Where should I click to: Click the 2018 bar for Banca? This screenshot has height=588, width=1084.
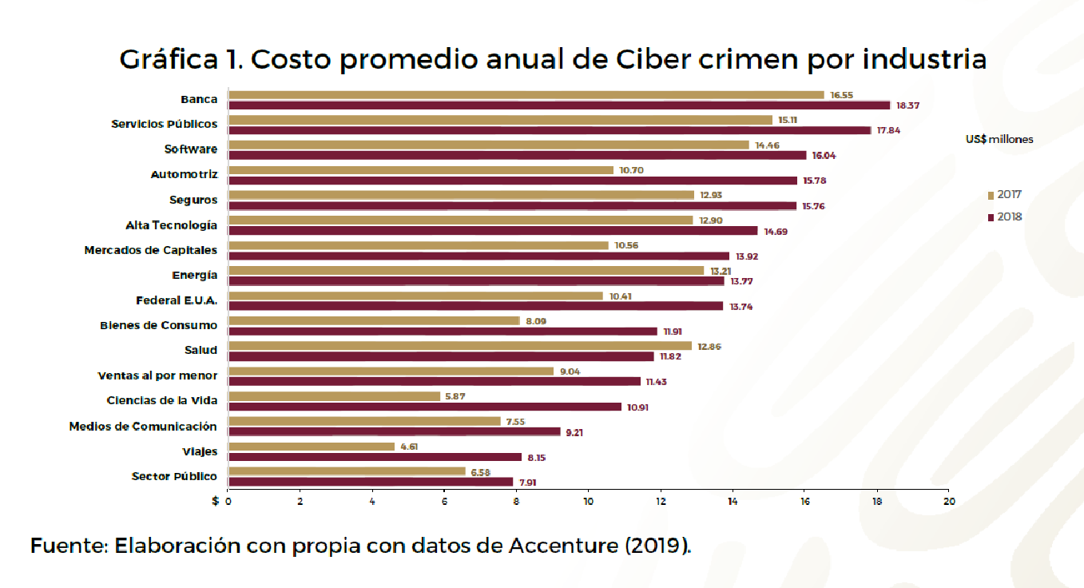coord(559,105)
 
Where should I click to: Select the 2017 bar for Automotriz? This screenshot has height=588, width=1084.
coord(421,170)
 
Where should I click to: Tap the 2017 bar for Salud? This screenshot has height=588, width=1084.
coord(460,346)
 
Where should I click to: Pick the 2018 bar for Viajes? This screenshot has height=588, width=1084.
coord(375,457)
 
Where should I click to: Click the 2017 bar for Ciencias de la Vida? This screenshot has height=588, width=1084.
coord(335,396)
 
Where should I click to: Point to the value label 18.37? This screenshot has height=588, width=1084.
coord(907,105)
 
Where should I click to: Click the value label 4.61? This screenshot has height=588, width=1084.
coord(409,447)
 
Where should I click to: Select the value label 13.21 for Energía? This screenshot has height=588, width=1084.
coord(721,271)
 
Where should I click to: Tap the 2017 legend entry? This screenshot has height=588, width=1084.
coord(1005,195)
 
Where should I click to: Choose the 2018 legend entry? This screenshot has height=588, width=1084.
coord(1005,217)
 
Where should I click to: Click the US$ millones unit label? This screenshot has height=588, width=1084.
coord(999,139)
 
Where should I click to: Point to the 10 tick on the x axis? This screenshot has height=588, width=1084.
coord(589,502)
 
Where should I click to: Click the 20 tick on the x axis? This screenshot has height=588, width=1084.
coord(949,502)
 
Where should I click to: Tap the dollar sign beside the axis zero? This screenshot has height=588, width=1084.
coord(216,501)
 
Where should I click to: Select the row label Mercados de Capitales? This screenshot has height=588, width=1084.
coord(150,250)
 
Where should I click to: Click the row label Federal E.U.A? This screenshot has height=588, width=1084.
coord(177,300)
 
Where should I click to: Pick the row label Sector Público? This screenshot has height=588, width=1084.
coord(174,476)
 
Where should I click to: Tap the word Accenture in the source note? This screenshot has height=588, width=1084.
coord(563,546)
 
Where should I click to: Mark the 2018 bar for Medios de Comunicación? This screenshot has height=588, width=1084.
coord(395,431)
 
